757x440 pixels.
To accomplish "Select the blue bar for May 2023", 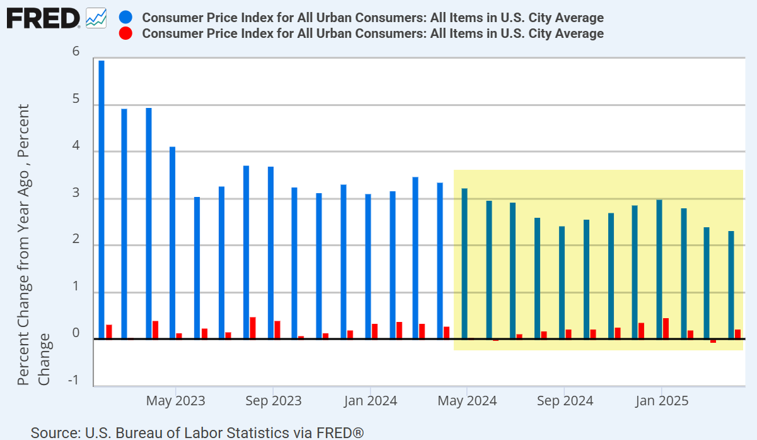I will [172, 243].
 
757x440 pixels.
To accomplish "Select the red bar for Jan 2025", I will [666, 328].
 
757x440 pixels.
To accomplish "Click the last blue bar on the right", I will [731, 285].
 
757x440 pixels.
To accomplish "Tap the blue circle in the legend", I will [125, 18].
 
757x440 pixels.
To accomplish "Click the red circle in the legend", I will [125, 33].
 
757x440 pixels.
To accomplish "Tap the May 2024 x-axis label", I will [467, 401].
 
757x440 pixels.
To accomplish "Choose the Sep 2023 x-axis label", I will [273, 401].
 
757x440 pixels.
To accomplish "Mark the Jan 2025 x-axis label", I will [661, 401].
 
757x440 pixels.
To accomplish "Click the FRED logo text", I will [43, 18].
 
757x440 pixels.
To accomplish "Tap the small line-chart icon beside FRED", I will [96, 18].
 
